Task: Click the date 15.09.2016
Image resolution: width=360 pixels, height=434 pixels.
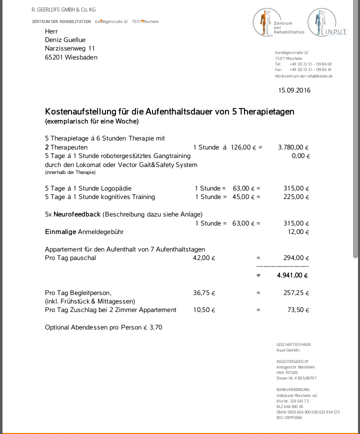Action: pyautogui.click(x=294, y=90)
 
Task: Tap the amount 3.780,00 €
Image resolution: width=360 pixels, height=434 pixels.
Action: pyautogui.click(x=293, y=147)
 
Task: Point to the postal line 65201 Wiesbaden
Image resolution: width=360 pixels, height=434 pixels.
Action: pyautogui.click(x=71, y=57)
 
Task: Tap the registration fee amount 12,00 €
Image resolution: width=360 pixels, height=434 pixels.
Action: pyautogui.click(x=299, y=232)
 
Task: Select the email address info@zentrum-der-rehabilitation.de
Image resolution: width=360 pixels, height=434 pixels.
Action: pyautogui.click(x=303, y=76)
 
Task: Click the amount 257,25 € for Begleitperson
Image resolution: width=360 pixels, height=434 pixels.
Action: pyautogui.click(x=296, y=292)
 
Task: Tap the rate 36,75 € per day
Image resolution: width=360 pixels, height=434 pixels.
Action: pyautogui.click(x=204, y=292)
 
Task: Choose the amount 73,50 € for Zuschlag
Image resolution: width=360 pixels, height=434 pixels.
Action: pyautogui.click(x=297, y=310)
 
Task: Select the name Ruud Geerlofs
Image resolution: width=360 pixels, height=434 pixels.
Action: pyautogui.click(x=289, y=350)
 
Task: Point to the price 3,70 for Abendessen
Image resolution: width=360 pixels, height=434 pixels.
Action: pyautogui.click(x=156, y=327)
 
